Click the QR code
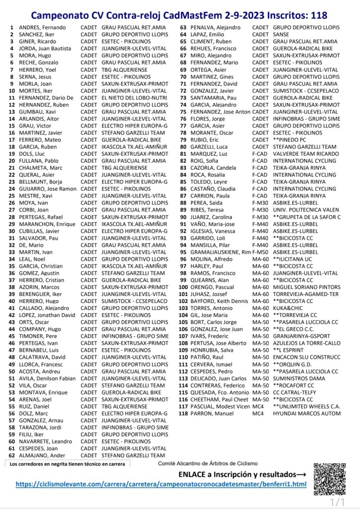tap(330, 479)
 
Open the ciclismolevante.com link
tap(161, 484)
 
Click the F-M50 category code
tap(260, 252)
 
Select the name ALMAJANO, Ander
tap(42, 455)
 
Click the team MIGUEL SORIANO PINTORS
tap(306, 287)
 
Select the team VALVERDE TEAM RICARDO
tap(305, 154)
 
